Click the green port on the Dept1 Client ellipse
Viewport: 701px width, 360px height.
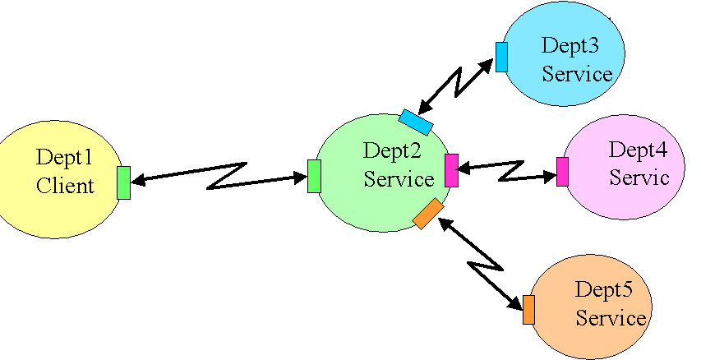coord(123,182)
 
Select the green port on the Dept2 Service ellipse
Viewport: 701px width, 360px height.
coord(314,177)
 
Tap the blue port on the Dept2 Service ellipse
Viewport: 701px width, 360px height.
coord(416,122)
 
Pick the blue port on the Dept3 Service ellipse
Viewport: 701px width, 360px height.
coord(501,57)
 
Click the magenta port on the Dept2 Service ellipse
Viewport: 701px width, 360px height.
coord(451,170)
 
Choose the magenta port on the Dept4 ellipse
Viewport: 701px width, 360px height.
coord(562,171)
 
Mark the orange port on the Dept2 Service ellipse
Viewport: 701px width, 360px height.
coord(427,214)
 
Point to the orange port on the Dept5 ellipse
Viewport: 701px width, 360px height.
coord(528,309)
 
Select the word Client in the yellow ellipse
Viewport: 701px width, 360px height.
coord(65,185)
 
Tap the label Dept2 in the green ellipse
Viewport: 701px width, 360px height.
coord(392,150)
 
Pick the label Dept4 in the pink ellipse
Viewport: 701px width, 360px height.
coord(638,150)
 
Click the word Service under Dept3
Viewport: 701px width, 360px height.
coord(577,74)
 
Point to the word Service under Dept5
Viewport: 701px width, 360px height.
coord(611,317)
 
